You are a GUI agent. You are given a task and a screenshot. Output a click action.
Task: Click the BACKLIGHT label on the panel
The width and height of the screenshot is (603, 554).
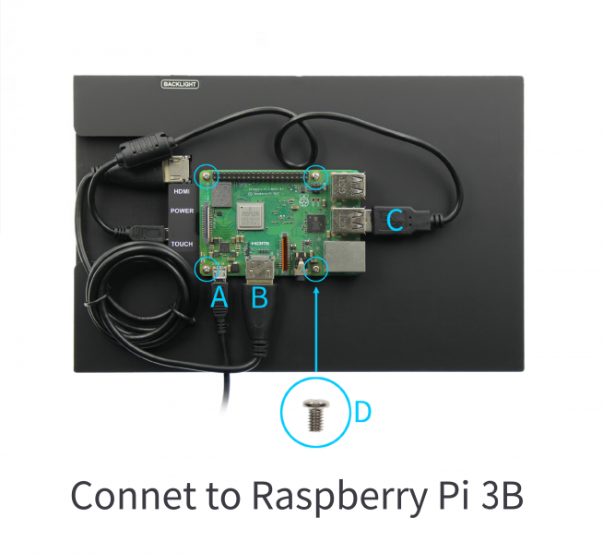pyautogui.click(x=180, y=84)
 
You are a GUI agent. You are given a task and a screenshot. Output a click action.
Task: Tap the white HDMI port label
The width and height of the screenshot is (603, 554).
pyautogui.click(x=182, y=191)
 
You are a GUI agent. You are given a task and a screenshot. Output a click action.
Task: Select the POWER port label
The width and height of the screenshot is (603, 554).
pyautogui.click(x=182, y=211)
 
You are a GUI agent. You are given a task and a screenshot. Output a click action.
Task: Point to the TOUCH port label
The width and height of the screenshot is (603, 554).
pyautogui.click(x=182, y=243)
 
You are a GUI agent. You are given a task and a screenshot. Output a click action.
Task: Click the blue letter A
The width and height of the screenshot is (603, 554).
pyautogui.click(x=219, y=296)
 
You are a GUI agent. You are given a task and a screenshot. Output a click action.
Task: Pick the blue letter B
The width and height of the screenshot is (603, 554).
pyautogui.click(x=259, y=296)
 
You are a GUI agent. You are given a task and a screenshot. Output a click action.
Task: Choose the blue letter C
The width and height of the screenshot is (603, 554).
pyautogui.click(x=393, y=220)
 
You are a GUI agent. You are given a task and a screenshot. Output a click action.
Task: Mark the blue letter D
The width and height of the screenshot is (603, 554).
pyautogui.click(x=362, y=412)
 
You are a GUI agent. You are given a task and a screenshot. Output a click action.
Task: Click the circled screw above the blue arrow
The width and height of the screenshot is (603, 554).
pyautogui.click(x=315, y=269)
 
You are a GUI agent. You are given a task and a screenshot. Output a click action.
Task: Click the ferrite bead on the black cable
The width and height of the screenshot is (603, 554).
pyautogui.click(x=148, y=145)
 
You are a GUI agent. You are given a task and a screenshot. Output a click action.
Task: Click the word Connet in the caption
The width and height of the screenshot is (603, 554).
pyautogui.click(x=132, y=496)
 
